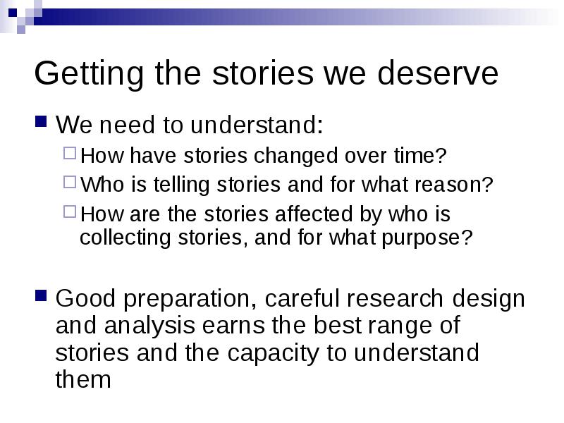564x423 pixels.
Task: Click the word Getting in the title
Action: coord(89,74)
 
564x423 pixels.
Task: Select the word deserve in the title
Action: coord(438,73)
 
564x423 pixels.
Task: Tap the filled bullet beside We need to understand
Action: coord(41,121)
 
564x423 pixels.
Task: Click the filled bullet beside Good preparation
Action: coord(41,295)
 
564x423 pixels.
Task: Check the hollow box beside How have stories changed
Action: coord(70,153)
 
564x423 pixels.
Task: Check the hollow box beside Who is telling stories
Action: coord(70,182)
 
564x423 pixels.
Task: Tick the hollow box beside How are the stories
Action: coord(70,211)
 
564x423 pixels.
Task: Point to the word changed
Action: coord(296,156)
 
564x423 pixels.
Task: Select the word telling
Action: coord(181,185)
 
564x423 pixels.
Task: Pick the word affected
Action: coord(314,214)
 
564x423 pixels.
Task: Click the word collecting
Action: coord(125,238)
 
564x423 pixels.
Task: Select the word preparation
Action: coord(190,299)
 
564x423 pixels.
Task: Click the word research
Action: coord(395,298)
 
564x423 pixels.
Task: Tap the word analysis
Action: coord(149,326)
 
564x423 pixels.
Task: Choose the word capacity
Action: coord(273,354)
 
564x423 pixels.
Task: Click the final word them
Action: coord(83,379)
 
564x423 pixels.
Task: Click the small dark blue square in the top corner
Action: coord(13,13)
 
